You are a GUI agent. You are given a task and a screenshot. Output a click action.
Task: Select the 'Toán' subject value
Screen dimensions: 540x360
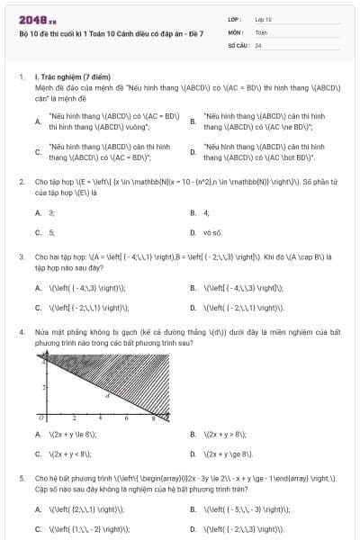261,31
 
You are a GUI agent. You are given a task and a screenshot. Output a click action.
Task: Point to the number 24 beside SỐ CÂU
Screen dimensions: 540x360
258,44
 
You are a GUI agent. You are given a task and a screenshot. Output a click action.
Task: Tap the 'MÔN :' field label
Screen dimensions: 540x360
236,31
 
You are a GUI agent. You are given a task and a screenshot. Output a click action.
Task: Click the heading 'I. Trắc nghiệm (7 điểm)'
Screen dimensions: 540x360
72,78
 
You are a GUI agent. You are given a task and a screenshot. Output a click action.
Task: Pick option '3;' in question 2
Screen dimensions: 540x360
51,213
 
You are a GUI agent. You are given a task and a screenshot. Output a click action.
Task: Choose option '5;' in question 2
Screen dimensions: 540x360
51,232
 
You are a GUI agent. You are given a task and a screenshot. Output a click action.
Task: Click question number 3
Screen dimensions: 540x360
22,256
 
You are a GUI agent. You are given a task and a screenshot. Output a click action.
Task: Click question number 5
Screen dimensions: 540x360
22,479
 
